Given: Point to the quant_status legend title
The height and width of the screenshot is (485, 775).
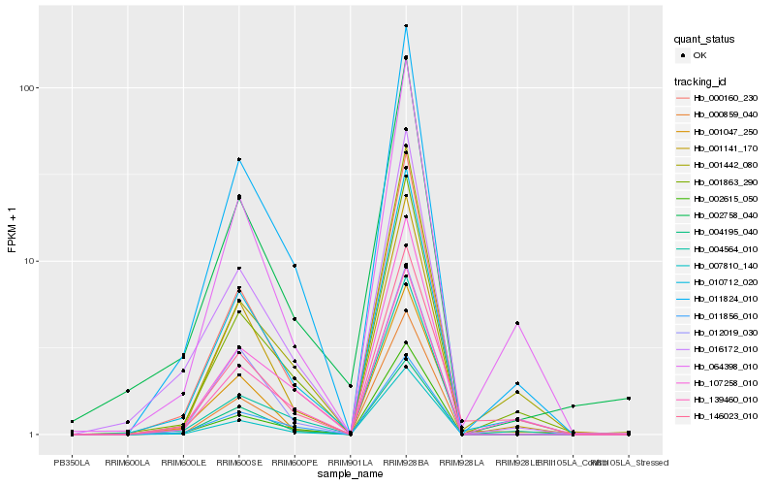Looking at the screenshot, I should click(704, 40).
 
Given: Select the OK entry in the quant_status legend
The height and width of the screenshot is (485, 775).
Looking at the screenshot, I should click(711, 56).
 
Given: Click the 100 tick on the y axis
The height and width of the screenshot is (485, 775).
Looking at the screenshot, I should click(29, 88).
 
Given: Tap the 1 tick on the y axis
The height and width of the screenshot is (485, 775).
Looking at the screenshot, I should click(34, 435).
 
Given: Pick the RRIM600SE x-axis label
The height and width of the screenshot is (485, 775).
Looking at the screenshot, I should click(238, 462).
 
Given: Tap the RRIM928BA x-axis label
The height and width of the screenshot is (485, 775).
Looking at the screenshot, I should click(406, 462).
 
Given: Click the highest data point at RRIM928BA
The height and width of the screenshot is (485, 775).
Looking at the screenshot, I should click(406, 25).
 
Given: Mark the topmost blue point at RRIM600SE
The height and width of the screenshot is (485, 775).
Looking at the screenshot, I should click(238, 159).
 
